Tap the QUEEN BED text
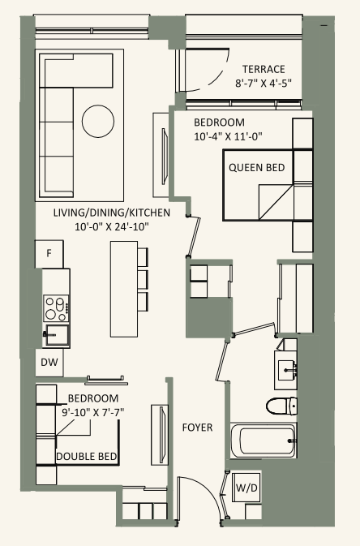[x=256, y=168]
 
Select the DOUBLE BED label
[x=87, y=457]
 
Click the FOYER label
[x=197, y=426]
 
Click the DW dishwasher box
[x=49, y=364]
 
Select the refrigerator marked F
[x=49, y=254]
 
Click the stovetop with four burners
[x=56, y=307]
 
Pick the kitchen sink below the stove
[x=55, y=333]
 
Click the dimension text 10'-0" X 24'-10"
[x=112, y=226]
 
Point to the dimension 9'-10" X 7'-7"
[x=93, y=412]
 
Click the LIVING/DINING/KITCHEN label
[x=112, y=213]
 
